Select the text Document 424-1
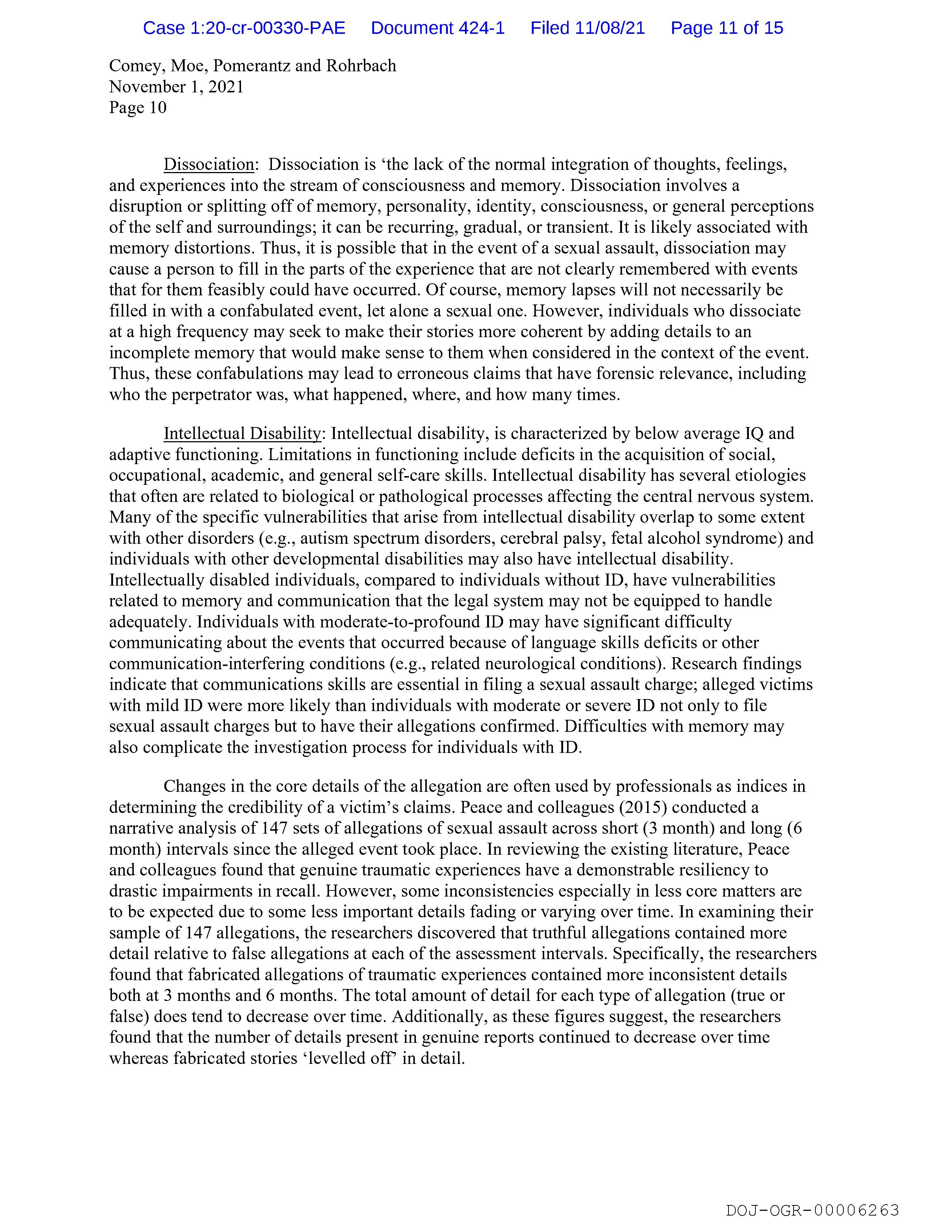438,28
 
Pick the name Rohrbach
361,66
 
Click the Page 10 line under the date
137,108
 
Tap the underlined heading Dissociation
209,164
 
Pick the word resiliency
702,870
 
